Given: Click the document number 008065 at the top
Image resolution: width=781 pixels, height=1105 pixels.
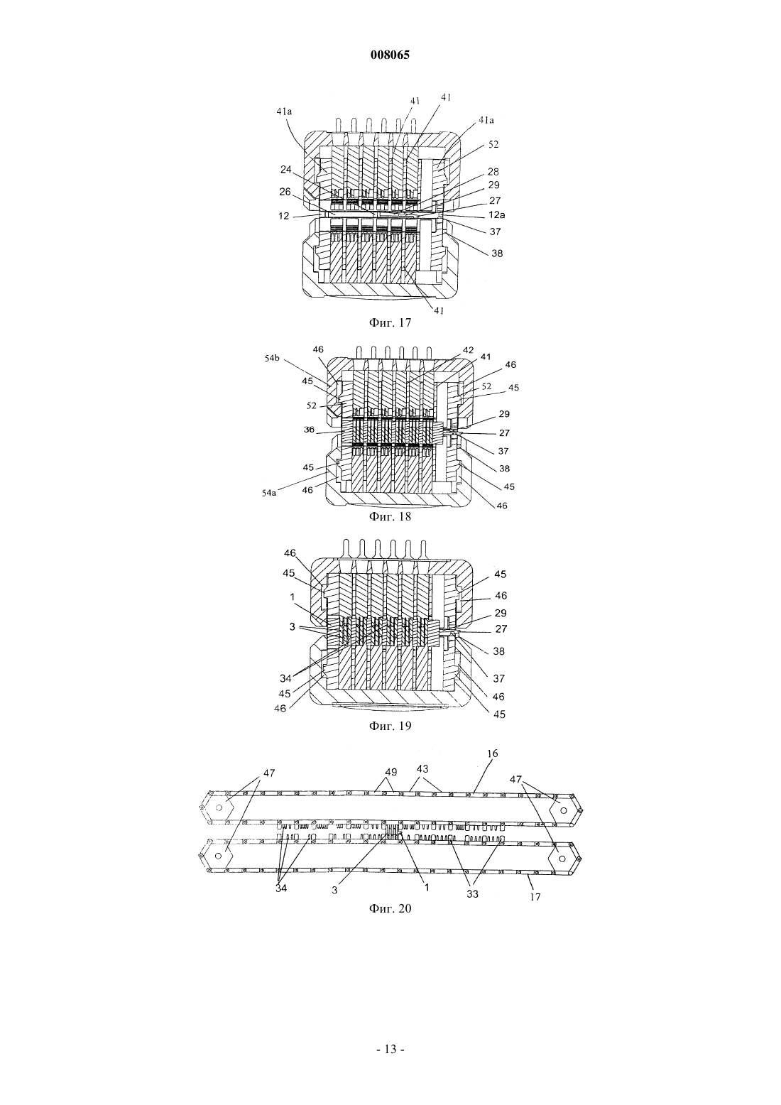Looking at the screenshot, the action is (x=390, y=55).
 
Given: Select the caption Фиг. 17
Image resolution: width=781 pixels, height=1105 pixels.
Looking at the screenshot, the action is (x=390, y=322).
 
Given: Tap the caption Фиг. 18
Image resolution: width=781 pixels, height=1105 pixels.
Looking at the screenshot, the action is (x=390, y=516).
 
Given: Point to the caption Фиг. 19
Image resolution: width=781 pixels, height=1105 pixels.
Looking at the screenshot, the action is (x=390, y=726).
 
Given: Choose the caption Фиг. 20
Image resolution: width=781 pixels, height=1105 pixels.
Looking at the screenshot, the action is (x=390, y=908).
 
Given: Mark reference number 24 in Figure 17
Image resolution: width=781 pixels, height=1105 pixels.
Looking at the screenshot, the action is (x=286, y=170).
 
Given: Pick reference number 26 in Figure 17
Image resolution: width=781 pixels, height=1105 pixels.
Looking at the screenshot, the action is (x=285, y=192).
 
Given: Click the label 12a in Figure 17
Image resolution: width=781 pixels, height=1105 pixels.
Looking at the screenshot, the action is (x=496, y=215).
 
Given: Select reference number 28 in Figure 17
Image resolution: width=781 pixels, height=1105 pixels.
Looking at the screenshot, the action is (x=493, y=172).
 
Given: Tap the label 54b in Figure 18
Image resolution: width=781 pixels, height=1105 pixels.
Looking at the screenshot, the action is (x=271, y=359).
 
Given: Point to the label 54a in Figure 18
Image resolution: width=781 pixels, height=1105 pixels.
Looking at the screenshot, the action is (x=269, y=492).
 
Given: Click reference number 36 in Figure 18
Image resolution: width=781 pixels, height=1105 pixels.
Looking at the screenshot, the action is (x=309, y=430).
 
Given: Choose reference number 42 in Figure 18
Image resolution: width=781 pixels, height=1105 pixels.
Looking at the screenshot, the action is (x=468, y=350).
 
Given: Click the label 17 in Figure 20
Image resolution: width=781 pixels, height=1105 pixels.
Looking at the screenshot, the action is (x=535, y=897).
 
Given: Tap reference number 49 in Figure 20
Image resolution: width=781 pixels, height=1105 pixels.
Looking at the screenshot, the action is (x=390, y=770).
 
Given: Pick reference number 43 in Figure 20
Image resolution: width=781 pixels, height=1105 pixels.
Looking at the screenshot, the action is (x=422, y=768).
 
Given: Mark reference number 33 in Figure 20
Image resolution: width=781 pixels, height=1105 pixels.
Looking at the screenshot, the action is (x=472, y=894).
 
